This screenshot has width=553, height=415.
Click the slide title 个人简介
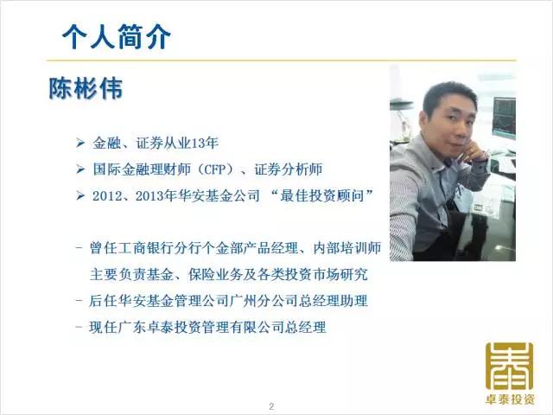[x=117, y=36]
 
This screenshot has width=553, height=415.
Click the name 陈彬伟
[x=86, y=88]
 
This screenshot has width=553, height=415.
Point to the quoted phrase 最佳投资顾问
[x=322, y=195]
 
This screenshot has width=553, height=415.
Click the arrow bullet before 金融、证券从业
[x=80, y=143]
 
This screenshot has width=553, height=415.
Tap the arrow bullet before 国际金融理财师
[x=80, y=169]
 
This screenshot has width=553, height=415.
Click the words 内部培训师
[x=347, y=248]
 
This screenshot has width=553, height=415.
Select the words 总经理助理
[x=334, y=301]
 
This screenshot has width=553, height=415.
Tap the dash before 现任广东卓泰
[x=79, y=327]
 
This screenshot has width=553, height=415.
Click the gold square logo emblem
[x=509, y=366]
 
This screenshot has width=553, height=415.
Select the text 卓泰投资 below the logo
[x=510, y=399]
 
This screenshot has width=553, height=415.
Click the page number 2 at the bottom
[x=271, y=406]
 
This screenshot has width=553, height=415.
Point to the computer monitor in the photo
[x=505, y=118]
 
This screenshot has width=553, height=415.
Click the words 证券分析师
[x=289, y=169]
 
